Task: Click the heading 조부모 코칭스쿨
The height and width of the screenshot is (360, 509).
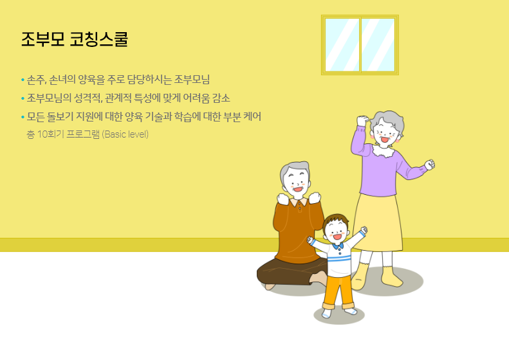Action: pos(75,39)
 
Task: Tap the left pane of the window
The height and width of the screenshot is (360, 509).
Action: pos(342,45)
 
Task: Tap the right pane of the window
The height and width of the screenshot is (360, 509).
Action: pos(378,45)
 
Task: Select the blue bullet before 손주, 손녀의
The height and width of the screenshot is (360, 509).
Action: pos(23,80)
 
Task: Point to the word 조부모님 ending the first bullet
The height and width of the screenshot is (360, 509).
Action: pos(192,80)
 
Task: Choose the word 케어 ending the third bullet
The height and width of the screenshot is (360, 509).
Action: pos(252,116)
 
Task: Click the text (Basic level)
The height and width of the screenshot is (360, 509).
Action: pos(125,134)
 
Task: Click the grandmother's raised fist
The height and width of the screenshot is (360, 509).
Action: pos(362,121)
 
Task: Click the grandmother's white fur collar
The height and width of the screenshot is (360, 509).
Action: pos(384,150)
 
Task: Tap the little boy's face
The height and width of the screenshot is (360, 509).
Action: pos(337,232)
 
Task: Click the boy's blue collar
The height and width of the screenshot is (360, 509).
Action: pos(338,246)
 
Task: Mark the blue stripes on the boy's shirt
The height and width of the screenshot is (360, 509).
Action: pos(339,258)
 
